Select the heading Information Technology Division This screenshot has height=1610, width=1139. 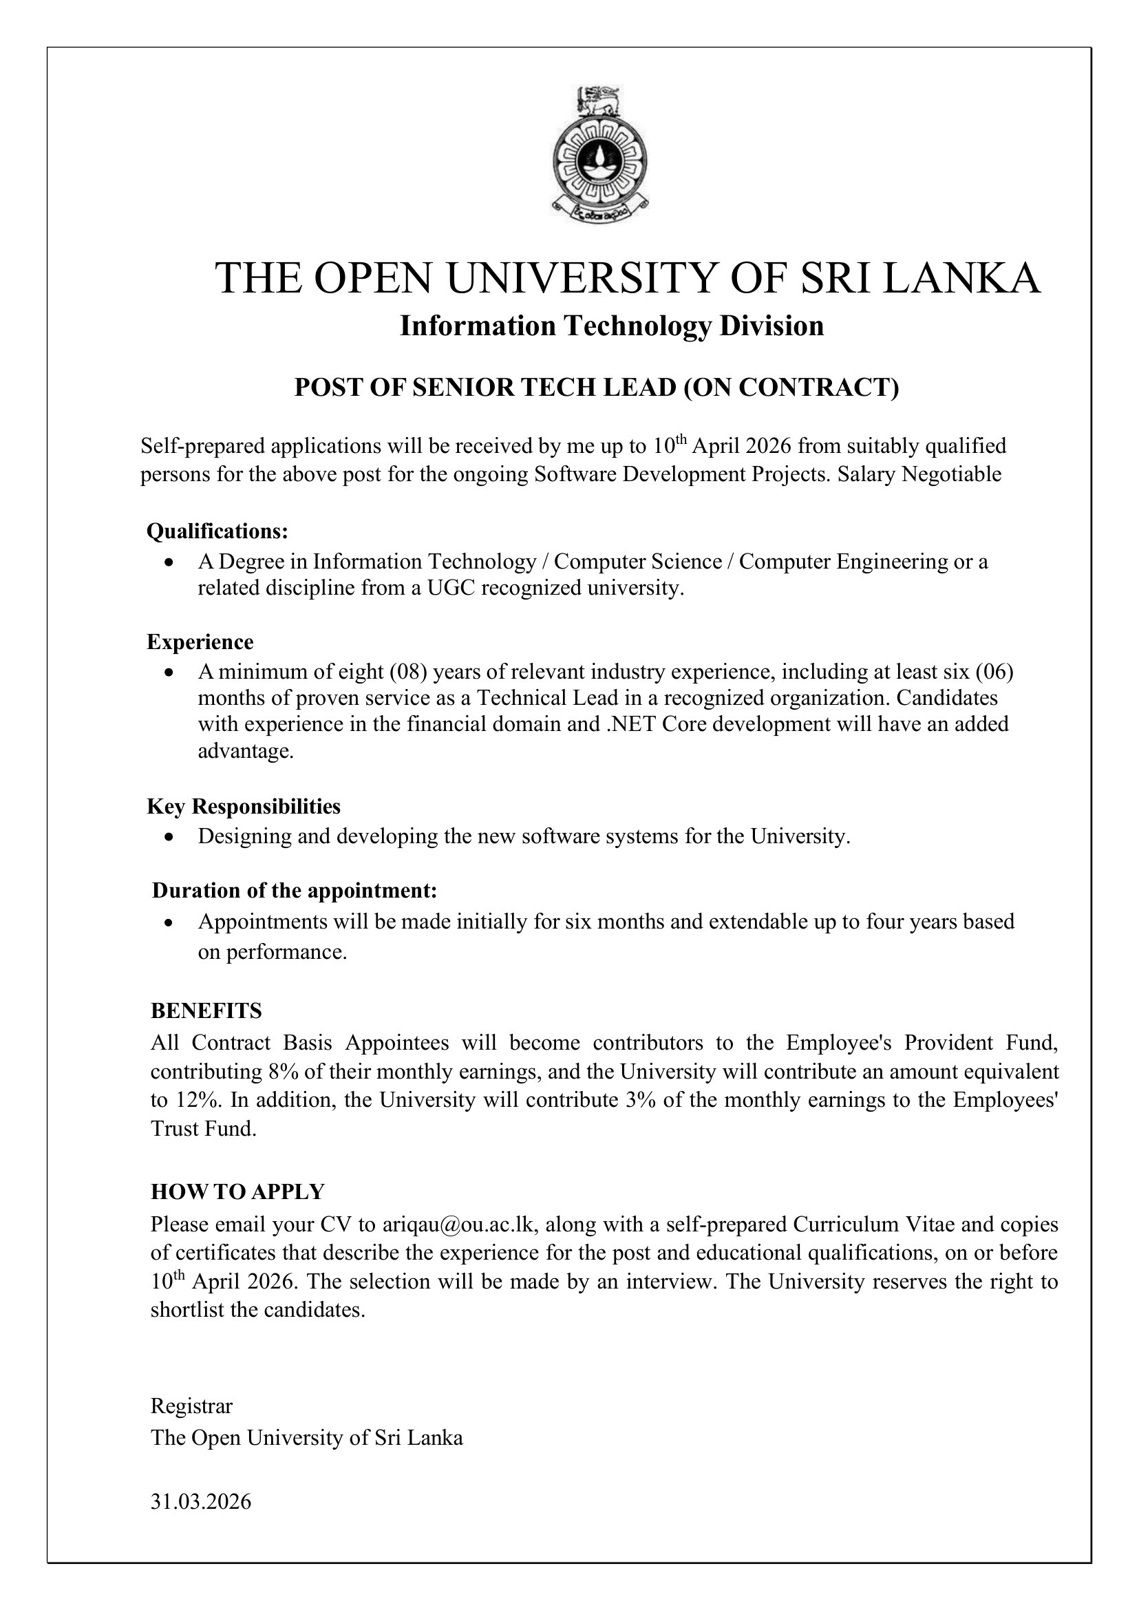[612, 326]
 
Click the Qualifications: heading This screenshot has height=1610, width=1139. [217, 531]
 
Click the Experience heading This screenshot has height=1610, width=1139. [200, 642]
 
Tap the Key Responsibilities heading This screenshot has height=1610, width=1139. [244, 807]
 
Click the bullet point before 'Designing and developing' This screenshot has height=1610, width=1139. [168, 837]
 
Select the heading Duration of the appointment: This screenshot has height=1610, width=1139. [295, 891]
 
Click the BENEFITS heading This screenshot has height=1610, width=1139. [206, 1011]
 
